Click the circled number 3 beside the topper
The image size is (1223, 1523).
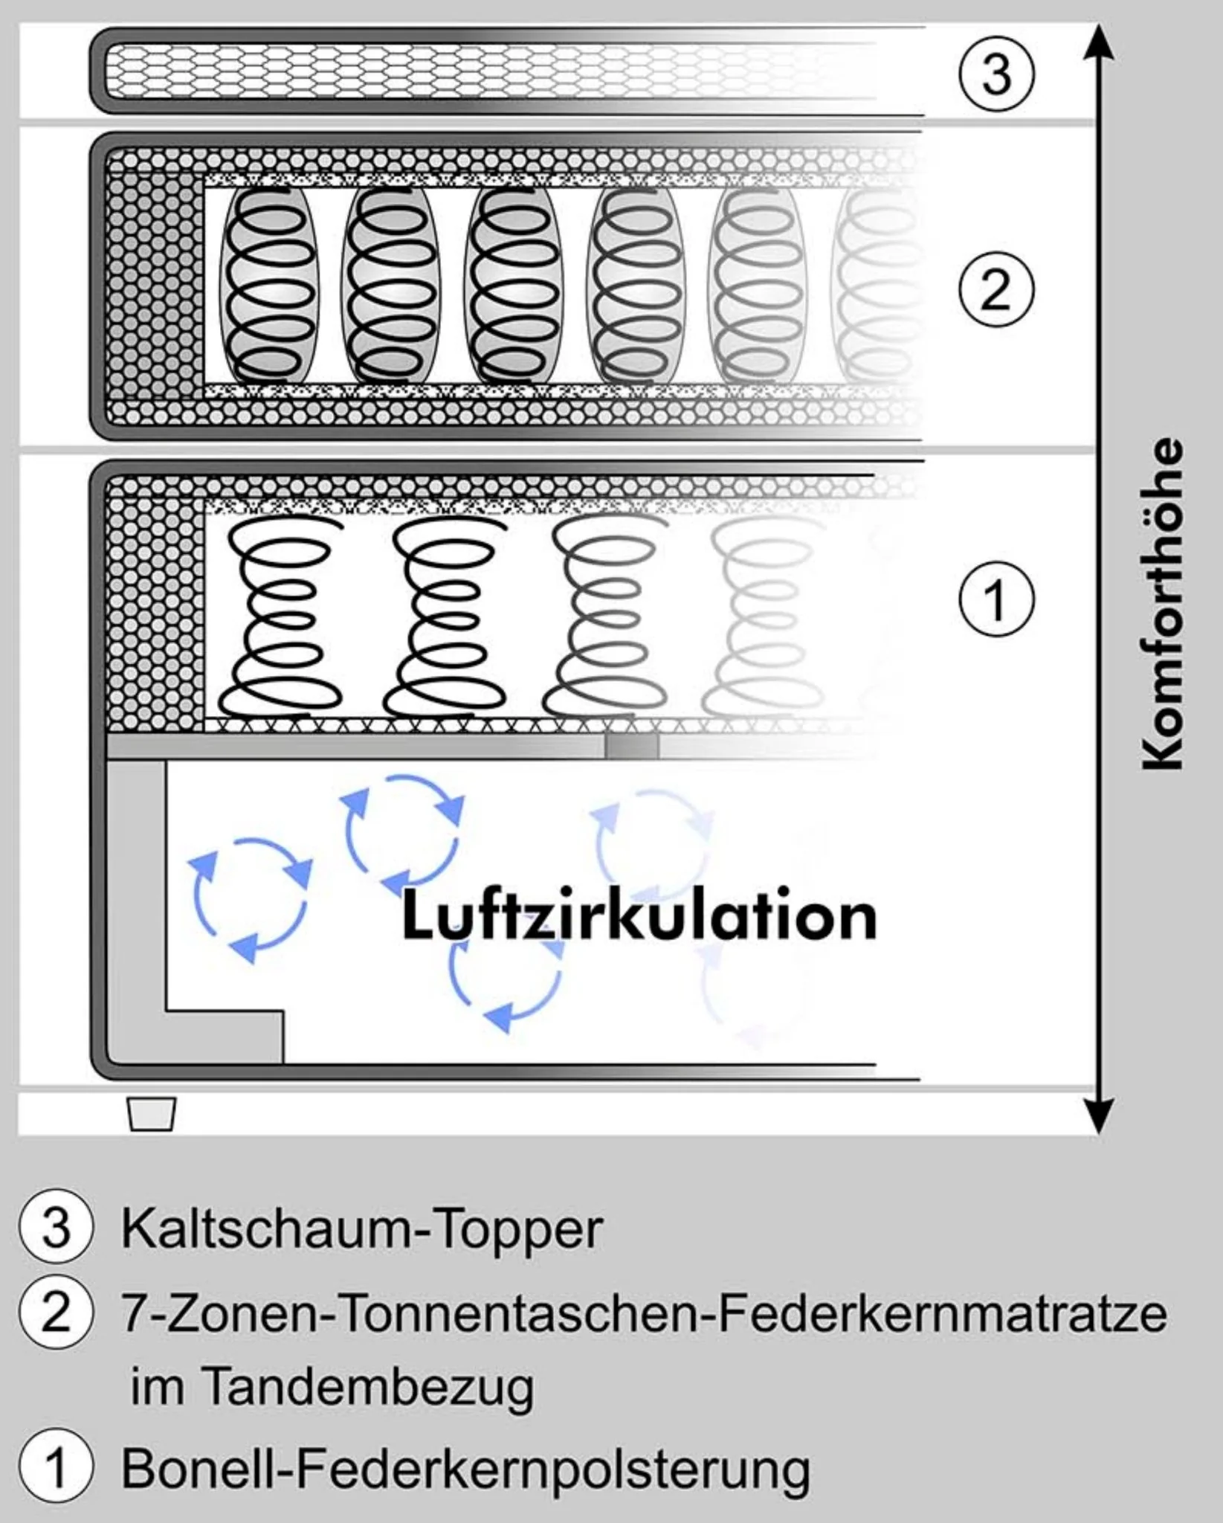click(995, 74)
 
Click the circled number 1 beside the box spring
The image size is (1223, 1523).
click(995, 599)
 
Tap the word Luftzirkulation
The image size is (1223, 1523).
click(639, 916)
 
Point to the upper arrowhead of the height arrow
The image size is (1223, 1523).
click(1099, 41)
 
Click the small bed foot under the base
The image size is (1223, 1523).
click(152, 1114)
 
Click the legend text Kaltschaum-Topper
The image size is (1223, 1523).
click(361, 1229)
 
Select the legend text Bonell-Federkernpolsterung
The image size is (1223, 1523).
click(465, 1469)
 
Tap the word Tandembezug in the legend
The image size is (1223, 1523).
click(367, 1387)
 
